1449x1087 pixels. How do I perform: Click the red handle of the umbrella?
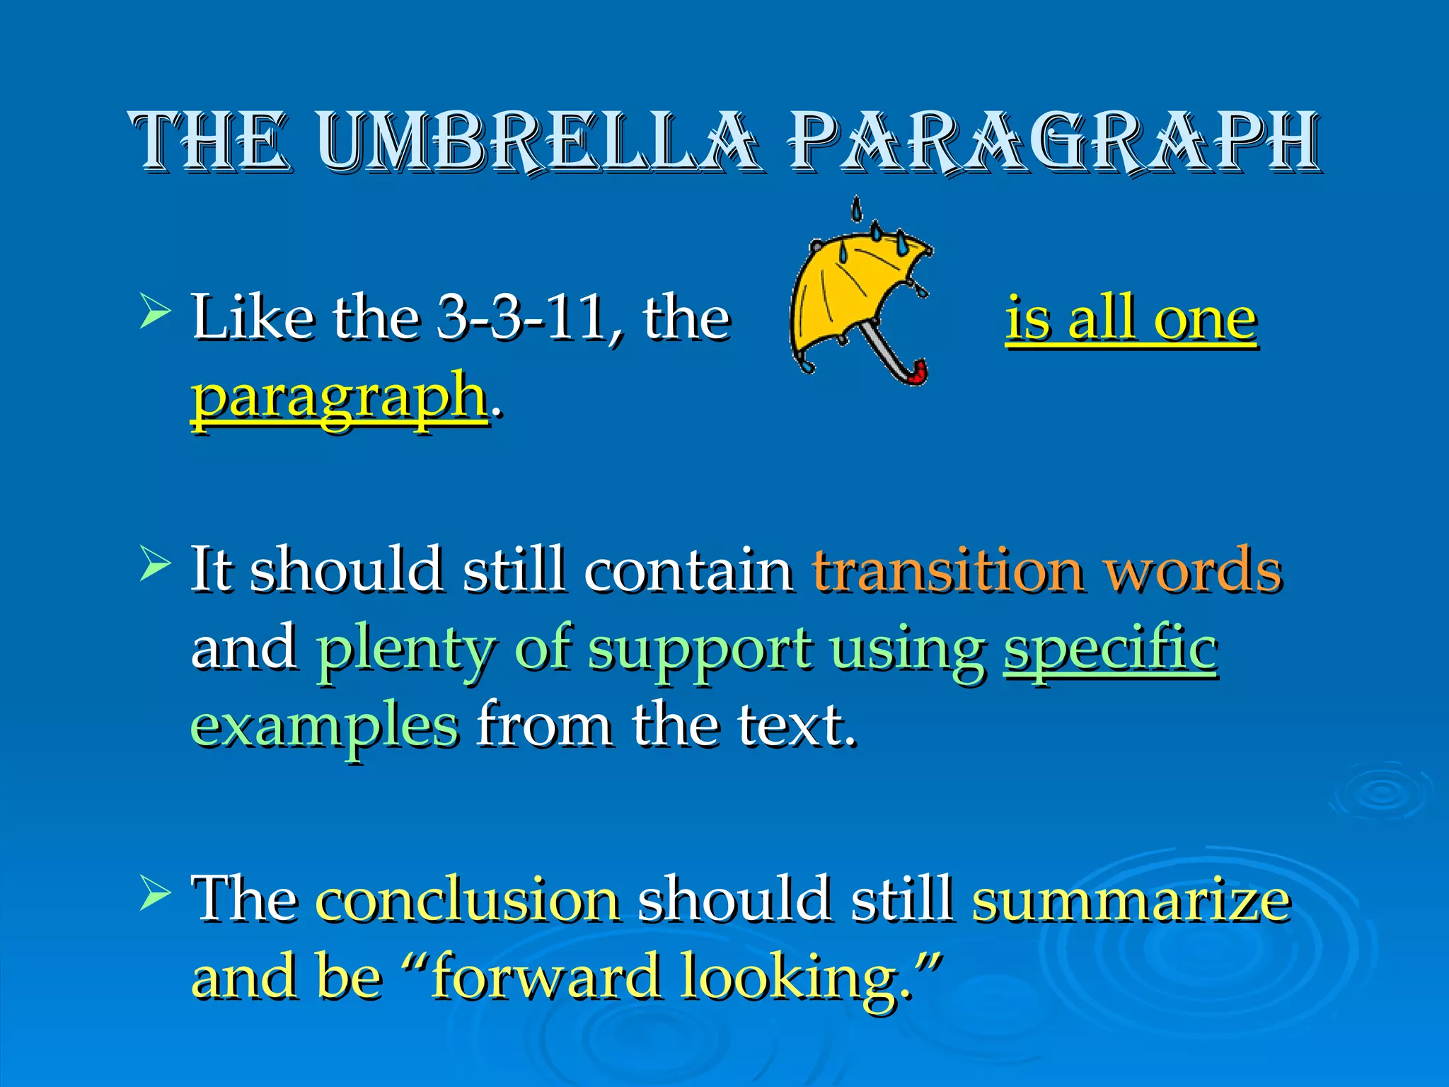click(918, 373)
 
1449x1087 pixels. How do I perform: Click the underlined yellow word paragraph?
click(340, 396)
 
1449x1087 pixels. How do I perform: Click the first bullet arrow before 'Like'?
click(155, 311)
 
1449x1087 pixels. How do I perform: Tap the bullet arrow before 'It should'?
click(155, 563)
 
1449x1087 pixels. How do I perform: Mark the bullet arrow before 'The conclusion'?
click(155, 893)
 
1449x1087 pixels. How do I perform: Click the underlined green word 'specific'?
click(1110, 650)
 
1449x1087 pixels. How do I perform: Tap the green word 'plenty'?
click(405, 650)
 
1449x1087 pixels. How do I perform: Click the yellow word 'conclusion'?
click(468, 900)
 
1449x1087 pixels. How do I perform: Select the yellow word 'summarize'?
click(1131, 900)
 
